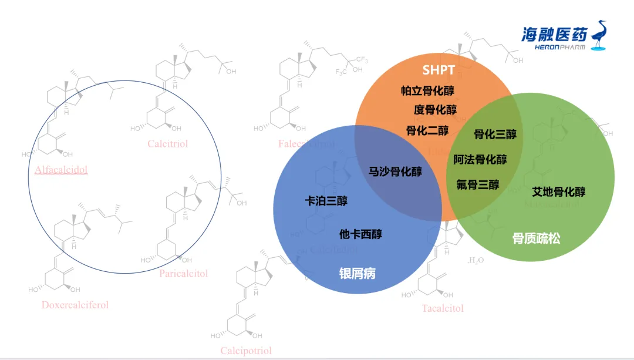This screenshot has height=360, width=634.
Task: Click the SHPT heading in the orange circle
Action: (439, 70)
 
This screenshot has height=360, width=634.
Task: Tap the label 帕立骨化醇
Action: (427, 90)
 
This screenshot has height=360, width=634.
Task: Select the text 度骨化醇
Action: (435, 110)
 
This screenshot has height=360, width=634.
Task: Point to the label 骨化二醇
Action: (427, 130)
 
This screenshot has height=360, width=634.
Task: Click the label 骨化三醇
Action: (495, 134)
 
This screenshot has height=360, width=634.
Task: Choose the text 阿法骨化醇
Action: (480, 159)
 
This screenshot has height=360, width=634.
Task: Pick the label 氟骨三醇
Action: (478, 184)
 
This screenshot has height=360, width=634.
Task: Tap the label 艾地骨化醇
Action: (558, 191)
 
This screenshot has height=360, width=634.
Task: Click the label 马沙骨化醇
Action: (395, 171)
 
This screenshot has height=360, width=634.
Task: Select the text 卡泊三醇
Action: (326, 201)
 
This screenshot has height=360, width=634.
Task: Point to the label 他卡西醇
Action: (360, 234)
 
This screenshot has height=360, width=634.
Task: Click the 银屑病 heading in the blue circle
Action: (357, 274)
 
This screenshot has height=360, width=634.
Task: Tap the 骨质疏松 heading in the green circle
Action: (536, 238)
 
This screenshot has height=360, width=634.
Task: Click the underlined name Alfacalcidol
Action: (61, 170)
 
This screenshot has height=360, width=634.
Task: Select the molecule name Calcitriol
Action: (168, 144)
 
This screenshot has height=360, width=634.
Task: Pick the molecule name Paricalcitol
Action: (183, 273)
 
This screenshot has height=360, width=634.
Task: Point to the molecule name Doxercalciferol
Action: (75, 305)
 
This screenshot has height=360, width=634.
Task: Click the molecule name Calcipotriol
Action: (246, 351)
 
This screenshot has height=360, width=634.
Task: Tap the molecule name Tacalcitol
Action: (442, 308)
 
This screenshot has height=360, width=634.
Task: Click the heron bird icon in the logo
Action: (600, 36)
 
